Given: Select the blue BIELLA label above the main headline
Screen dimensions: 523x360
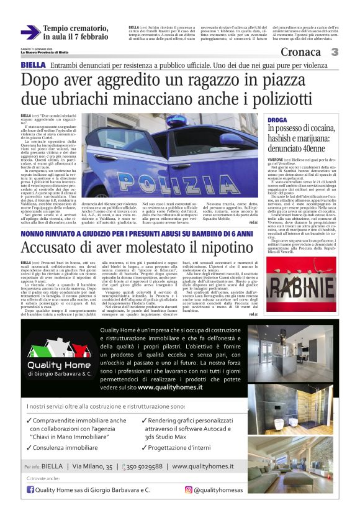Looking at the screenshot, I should [x=33, y=65].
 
